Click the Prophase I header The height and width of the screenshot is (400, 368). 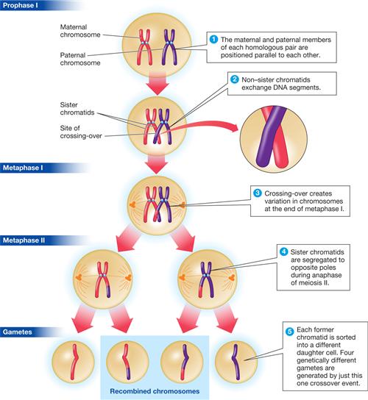[x=22, y=7]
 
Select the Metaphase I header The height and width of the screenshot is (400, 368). [x=24, y=168]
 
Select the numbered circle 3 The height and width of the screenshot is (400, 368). [x=257, y=193]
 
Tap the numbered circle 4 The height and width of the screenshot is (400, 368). [x=283, y=251]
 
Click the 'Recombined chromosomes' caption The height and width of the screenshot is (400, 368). [x=160, y=390]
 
